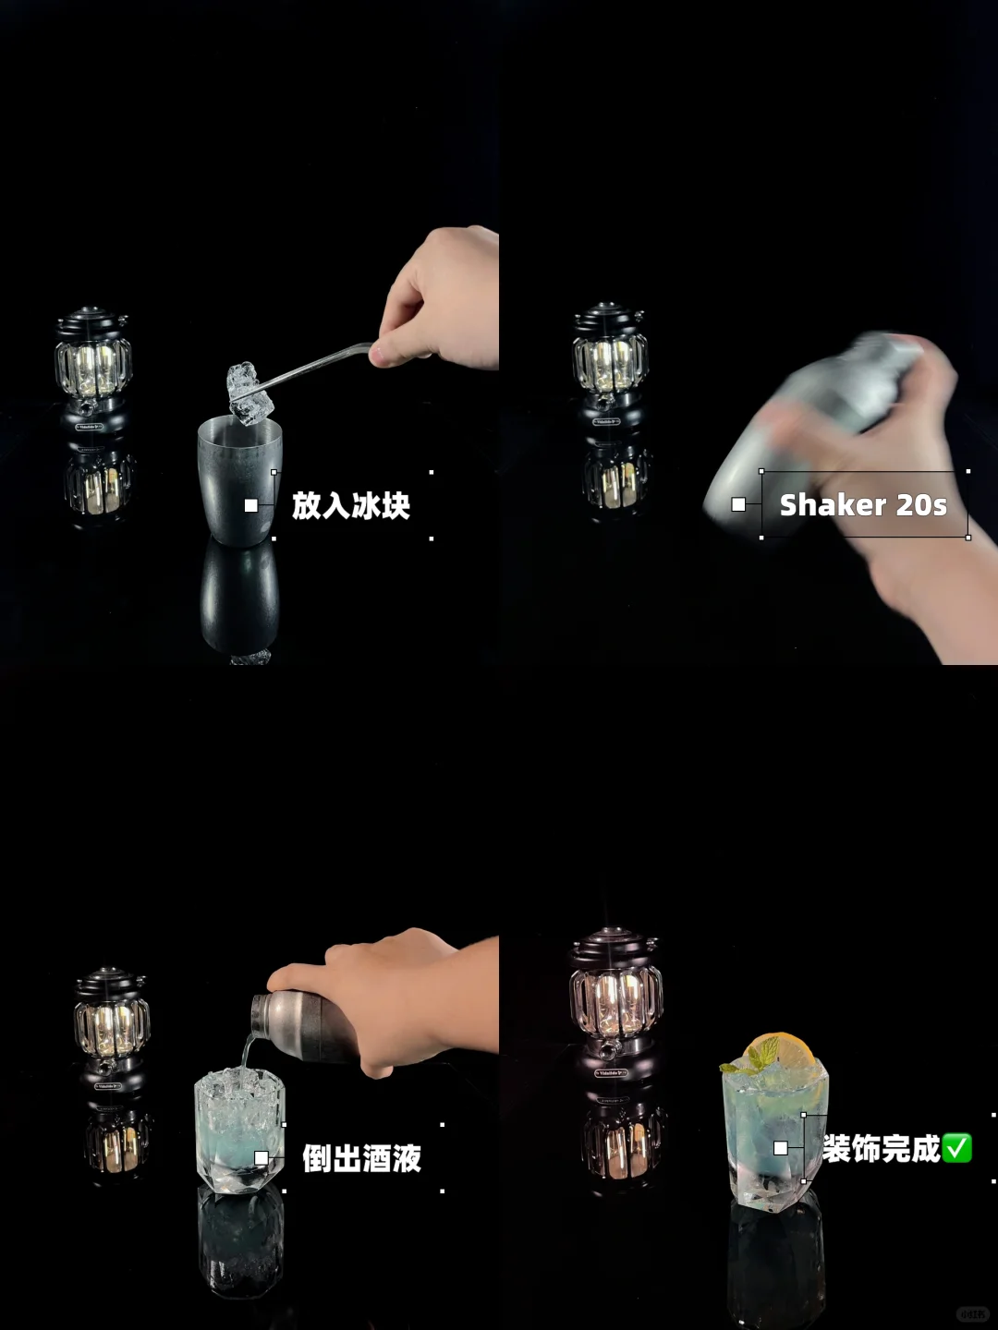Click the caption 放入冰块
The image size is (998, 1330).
click(x=351, y=505)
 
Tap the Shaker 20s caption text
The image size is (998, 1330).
click(x=863, y=505)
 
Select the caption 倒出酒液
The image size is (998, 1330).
click(x=361, y=1158)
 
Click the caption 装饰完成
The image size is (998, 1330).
click(x=881, y=1148)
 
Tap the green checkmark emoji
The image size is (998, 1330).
click(x=957, y=1148)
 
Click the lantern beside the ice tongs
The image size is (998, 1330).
click(x=94, y=370)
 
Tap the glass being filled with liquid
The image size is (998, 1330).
click(x=239, y=1130)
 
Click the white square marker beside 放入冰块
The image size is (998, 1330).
click(x=250, y=505)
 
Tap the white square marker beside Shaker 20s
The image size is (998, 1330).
click(x=738, y=504)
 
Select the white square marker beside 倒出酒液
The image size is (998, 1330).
click(x=262, y=1158)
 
